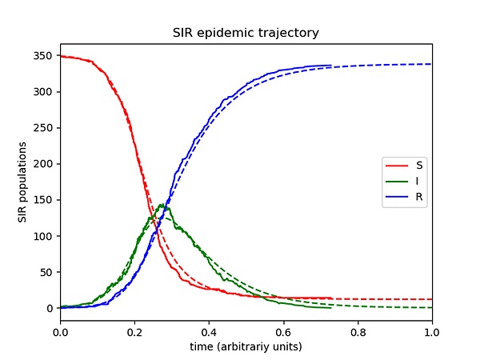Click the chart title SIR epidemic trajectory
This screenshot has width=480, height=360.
point(246,34)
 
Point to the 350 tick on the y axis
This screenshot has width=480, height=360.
point(45,56)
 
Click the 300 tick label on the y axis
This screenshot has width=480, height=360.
point(45,92)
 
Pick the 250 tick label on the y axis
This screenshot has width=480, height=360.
point(45,128)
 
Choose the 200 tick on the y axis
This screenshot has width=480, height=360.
point(45,164)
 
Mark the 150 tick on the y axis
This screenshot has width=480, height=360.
point(45,200)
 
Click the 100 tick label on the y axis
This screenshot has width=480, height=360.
point(45,236)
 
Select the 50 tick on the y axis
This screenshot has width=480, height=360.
point(48,272)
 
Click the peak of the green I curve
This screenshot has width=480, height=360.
point(162,206)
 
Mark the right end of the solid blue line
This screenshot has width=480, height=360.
point(330,66)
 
